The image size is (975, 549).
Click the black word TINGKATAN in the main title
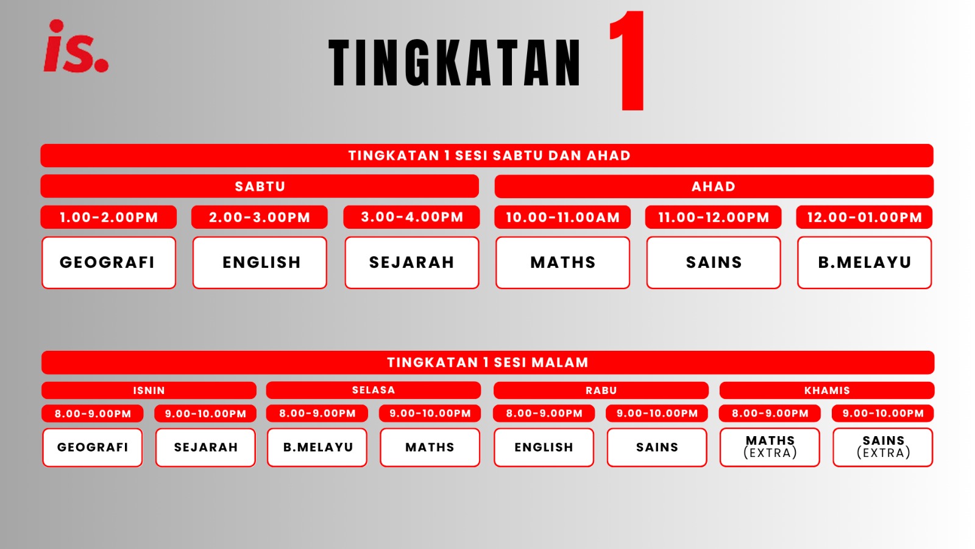[455, 63]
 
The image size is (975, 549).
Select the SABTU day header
[260, 187]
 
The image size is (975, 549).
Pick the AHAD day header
[714, 187]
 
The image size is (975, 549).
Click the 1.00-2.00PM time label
[109, 217]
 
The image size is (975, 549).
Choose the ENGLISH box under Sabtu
[260, 263]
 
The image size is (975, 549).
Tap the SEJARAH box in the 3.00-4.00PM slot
[412, 263]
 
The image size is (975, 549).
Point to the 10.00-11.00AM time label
[562, 217]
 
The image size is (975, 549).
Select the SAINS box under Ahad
[714, 263]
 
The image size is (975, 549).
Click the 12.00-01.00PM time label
[865, 217]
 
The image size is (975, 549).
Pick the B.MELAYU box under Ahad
[865, 263]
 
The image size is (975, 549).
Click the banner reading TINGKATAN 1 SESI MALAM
[488, 362]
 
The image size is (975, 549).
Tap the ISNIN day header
[149, 390]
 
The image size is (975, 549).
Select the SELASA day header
[374, 390]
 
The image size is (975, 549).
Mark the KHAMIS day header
[827, 390]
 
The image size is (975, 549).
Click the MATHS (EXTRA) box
[770, 448]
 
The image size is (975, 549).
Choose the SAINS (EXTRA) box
[883, 448]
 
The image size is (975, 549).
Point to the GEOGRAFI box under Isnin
[92, 448]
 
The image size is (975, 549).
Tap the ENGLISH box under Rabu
[544, 448]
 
